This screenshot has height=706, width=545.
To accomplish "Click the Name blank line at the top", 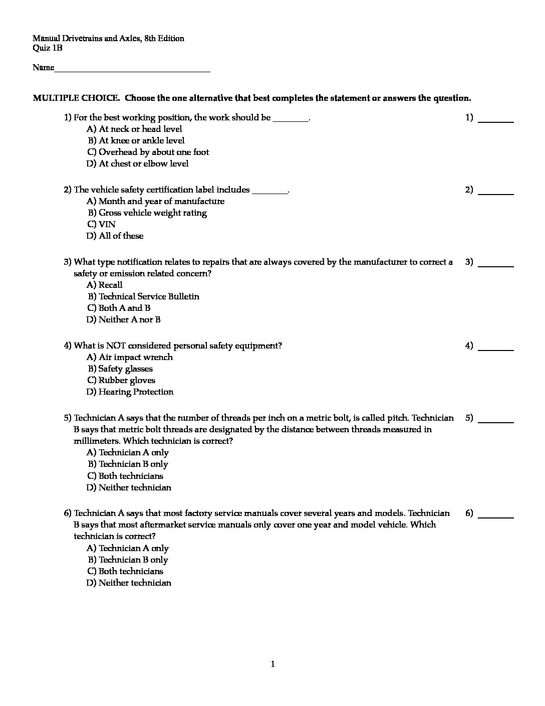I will (x=132, y=69).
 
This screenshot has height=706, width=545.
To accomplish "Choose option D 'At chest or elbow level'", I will (x=137, y=164).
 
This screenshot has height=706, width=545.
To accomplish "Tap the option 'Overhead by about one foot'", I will (x=148, y=152).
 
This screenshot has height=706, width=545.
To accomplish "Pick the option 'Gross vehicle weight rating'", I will (x=147, y=213).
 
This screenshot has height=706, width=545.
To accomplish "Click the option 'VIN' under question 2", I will (x=101, y=225).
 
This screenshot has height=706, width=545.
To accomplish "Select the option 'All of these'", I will (x=115, y=236).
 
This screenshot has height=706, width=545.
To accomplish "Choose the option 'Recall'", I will (x=105, y=285).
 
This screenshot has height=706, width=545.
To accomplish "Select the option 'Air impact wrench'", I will (x=129, y=358).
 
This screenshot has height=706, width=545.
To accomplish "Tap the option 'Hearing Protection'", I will (x=130, y=392).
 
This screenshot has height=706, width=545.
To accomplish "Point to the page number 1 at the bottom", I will (x=273, y=665).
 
